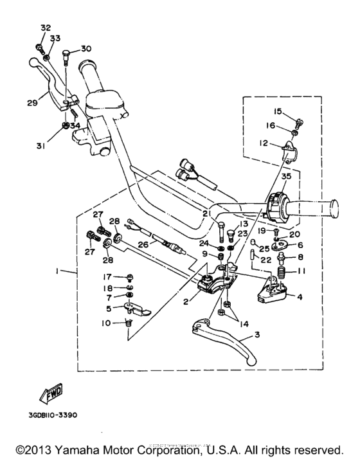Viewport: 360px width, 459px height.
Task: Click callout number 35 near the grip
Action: pyautogui.click(x=286, y=176)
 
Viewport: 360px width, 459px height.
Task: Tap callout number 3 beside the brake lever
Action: pyautogui.click(x=257, y=336)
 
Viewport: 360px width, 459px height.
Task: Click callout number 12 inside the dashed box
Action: pyautogui.click(x=264, y=144)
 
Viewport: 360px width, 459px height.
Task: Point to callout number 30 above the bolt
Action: pyautogui.click(x=86, y=49)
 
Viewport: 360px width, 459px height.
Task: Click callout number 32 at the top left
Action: pyautogui.click(x=45, y=28)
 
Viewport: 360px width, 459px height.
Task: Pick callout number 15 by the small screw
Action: pyautogui.click(x=278, y=111)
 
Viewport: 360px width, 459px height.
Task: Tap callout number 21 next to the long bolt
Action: pyautogui.click(x=205, y=213)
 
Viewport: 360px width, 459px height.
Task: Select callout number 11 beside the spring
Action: pyautogui.click(x=301, y=271)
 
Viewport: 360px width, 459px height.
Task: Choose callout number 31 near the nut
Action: pyautogui.click(x=41, y=145)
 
